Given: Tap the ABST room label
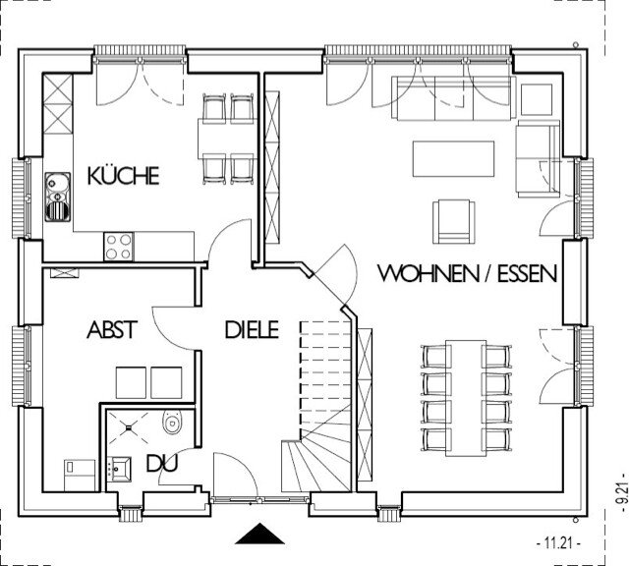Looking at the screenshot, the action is click(x=112, y=330).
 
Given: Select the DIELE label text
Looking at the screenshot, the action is click(x=252, y=330).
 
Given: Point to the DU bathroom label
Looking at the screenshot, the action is click(x=162, y=463).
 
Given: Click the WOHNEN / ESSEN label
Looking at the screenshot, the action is click(x=468, y=273).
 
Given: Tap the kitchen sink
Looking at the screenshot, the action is click(x=57, y=197).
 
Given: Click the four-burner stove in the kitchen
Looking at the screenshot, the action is click(x=118, y=247).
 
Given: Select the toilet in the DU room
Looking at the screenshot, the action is click(x=173, y=422).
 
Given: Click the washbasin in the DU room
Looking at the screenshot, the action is click(x=120, y=468).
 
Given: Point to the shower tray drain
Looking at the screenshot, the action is click(x=129, y=428).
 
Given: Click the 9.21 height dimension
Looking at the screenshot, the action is click(x=622, y=492).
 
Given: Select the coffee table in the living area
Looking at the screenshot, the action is click(x=453, y=158).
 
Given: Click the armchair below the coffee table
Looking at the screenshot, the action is click(x=454, y=221).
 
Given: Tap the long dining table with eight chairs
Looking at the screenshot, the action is click(x=466, y=398).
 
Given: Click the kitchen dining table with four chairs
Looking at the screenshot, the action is click(x=227, y=139).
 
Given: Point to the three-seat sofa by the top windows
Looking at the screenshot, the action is click(x=454, y=98).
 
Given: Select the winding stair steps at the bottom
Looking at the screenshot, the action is click(x=316, y=454).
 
